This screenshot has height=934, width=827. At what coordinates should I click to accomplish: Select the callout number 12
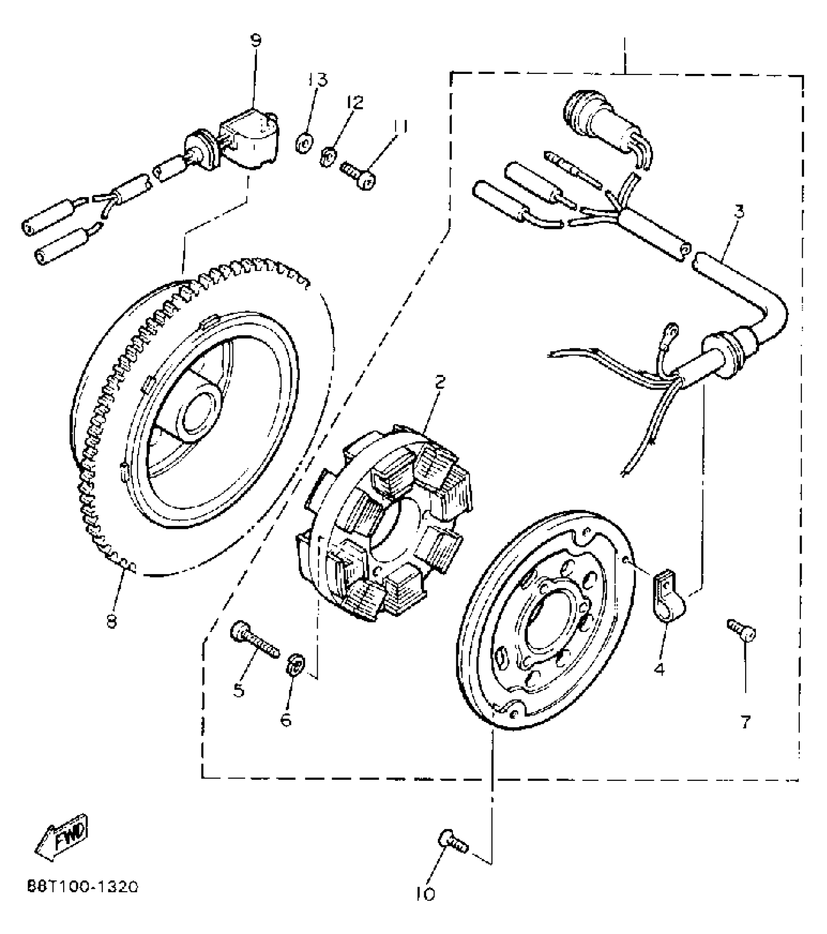(355, 103)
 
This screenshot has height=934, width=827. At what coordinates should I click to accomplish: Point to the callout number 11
(400, 126)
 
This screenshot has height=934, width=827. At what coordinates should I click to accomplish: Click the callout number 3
(738, 212)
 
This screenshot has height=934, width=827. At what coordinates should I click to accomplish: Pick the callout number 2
(440, 382)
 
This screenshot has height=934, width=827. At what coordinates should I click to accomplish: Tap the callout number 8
(112, 621)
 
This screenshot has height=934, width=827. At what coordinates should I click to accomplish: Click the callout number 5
(239, 689)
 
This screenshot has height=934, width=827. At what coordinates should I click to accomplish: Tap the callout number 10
(427, 894)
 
